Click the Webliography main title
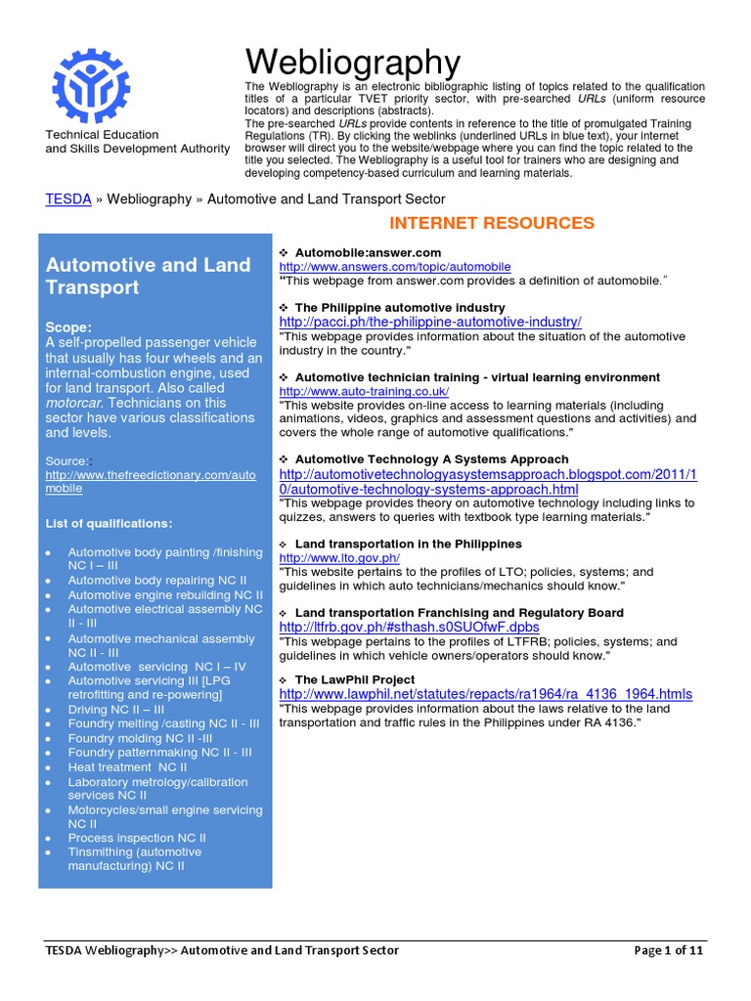(x=352, y=63)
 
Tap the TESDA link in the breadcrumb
(x=68, y=198)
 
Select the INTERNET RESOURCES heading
(x=492, y=223)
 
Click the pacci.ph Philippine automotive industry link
(x=430, y=322)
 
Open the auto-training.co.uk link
(x=364, y=391)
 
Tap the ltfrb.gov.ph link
(x=409, y=627)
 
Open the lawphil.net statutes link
(x=485, y=694)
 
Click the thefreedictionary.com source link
(x=151, y=481)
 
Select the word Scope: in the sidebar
(x=69, y=326)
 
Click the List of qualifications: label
(x=109, y=524)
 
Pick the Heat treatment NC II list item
(x=127, y=767)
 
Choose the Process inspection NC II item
(x=137, y=838)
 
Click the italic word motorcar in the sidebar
(x=76, y=402)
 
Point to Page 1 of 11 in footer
(x=669, y=950)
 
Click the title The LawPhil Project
(x=354, y=679)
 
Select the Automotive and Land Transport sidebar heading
(x=149, y=276)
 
